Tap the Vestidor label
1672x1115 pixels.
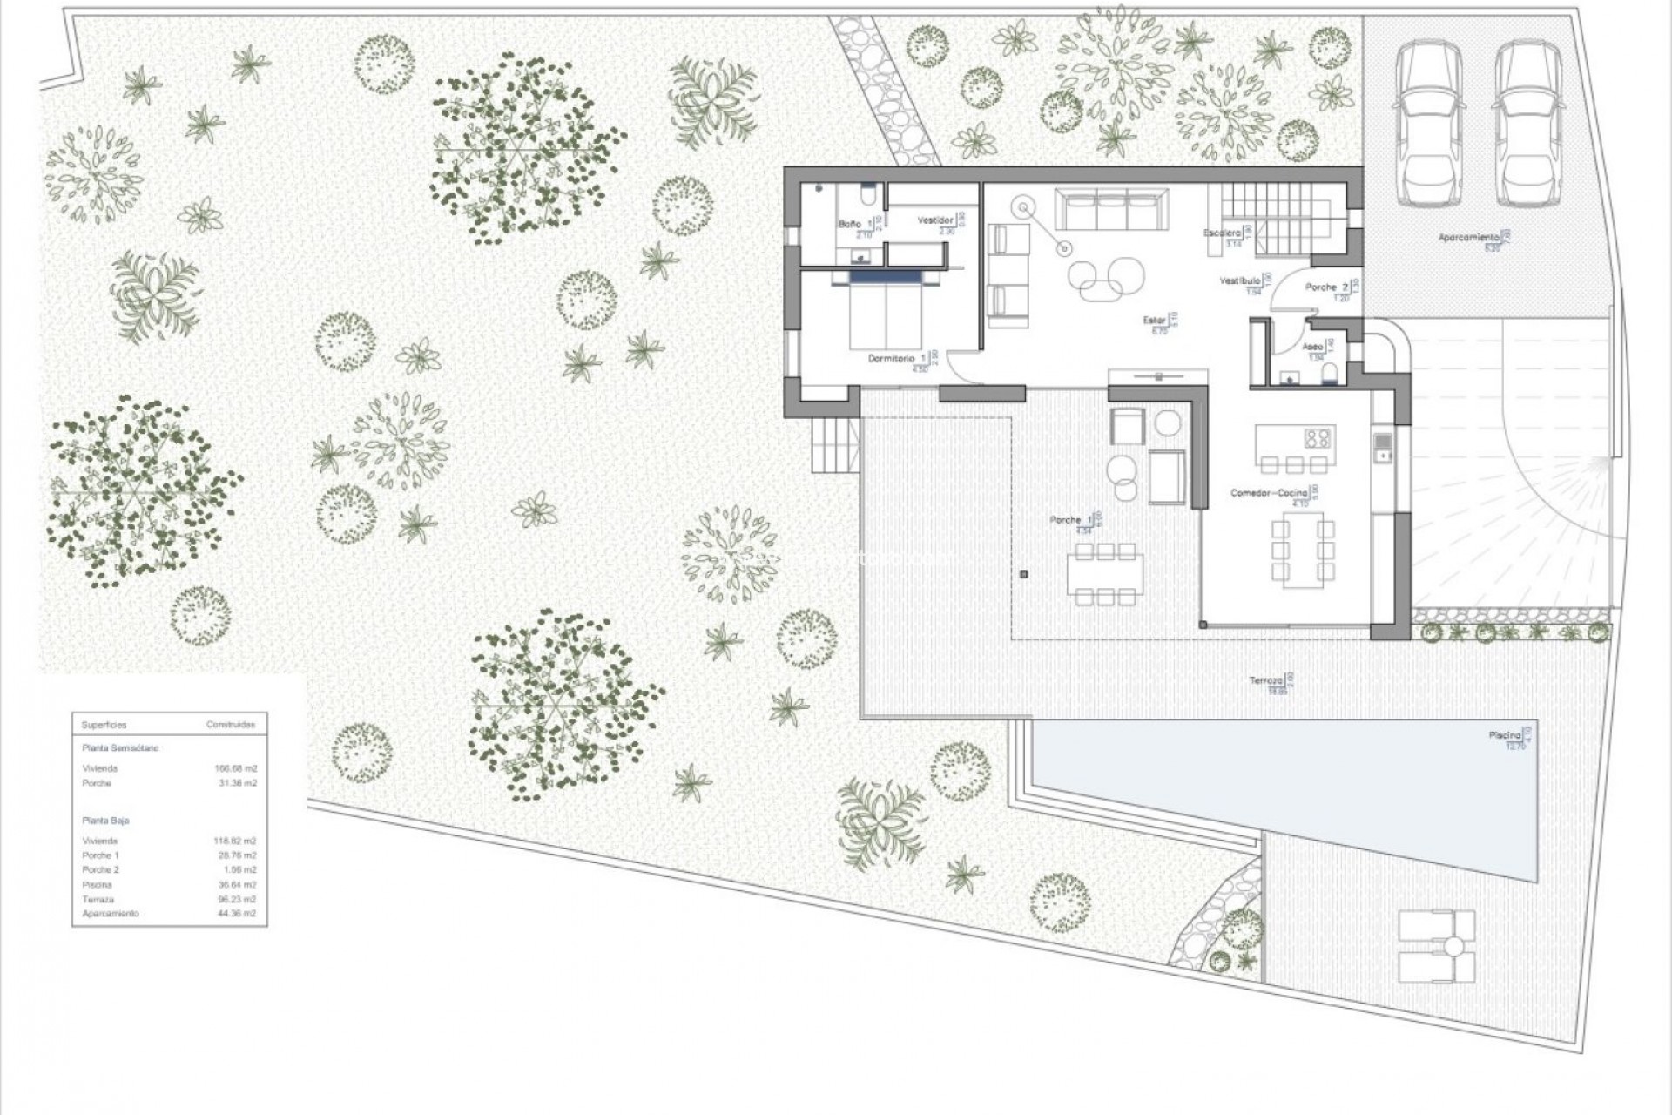[935, 220]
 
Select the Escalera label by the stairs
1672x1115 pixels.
[1221, 233]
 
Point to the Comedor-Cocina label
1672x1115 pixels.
[1269, 493]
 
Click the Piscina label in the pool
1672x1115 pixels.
[1504, 735]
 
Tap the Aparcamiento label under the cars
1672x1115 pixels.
[1468, 237]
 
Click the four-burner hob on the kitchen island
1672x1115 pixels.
[1318, 438]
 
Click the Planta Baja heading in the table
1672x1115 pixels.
[105, 821]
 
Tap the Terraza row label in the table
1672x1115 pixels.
[98, 899]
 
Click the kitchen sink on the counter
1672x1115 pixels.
[1383, 446]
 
